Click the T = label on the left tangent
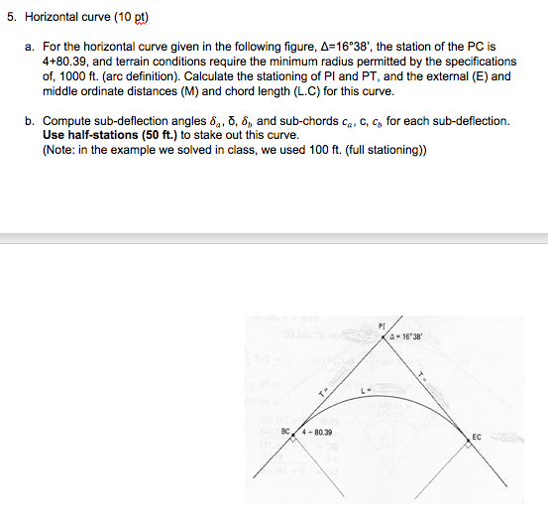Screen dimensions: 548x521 [x=320, y=394]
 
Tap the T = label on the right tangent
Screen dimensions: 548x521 [x=422, y=375]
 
